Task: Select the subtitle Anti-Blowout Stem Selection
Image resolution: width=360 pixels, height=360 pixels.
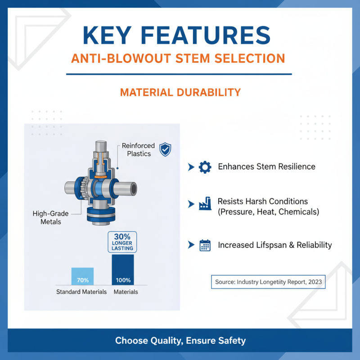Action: tap(179, 58)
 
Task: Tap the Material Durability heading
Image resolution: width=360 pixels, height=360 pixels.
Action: tap(180, 92)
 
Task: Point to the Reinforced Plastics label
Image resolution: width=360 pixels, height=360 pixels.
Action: tap(138, 149)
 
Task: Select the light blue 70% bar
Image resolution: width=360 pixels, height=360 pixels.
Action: tap(82, 276)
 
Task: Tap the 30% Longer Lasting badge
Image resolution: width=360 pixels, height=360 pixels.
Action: tap(122, 241)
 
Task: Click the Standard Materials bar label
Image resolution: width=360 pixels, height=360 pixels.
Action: tap(81, 292)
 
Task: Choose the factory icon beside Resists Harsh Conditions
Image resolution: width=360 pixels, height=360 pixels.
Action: tap(205, 206)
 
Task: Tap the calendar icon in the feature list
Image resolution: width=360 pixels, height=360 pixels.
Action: tap(205, 245)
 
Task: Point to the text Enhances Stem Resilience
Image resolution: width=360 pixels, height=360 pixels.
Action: tap(266, 167)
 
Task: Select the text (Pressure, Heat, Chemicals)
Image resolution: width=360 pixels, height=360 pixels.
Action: tap(268, 211)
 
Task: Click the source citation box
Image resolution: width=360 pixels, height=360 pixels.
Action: tap(268, 282)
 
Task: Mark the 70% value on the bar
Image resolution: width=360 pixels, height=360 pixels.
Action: tap(82, 280)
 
